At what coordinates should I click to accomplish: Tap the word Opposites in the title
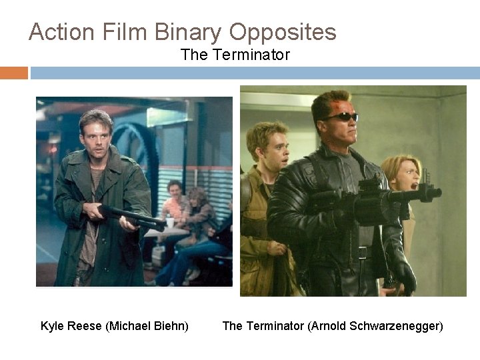click(x=283, y=32)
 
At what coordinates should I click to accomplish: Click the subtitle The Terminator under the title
click(x=235, y=55)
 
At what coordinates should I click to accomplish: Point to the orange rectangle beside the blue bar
click(x=13, y=73)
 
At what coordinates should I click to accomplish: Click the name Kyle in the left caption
click(x=52, y=326)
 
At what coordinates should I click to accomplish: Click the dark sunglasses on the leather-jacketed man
click(x=341, y=117)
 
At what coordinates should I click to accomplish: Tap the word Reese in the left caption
click(x=85, y=326)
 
